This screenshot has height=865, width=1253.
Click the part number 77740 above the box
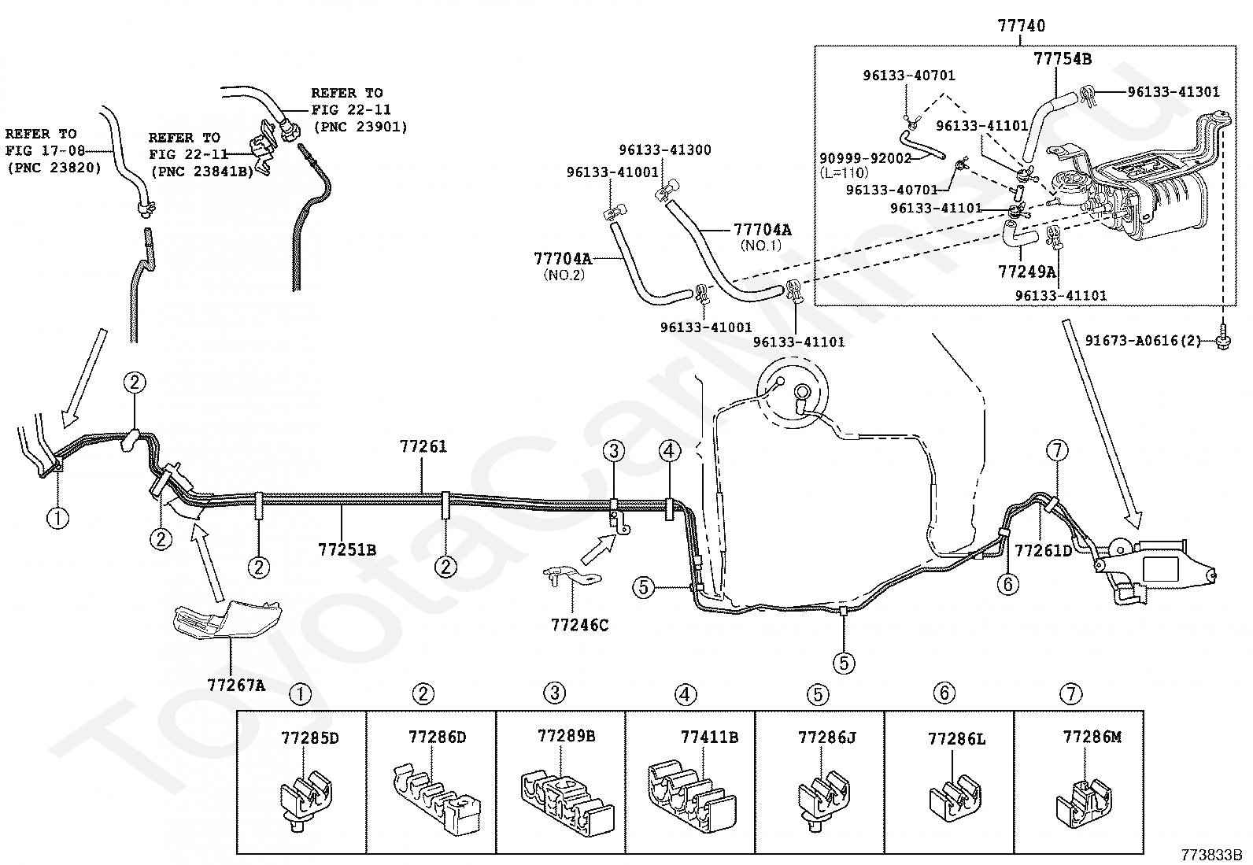click(1022, 26)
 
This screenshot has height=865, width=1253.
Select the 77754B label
click(1063, 59)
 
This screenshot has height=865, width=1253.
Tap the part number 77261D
click(1043, 551)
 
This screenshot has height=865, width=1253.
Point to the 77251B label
click(347, 550)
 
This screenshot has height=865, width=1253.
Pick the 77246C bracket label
click(579, 625)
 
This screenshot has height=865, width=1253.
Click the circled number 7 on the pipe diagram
click(1057, 450)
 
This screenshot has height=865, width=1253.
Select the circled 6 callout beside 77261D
click(1007, 585)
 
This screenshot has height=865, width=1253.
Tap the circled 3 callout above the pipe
click(614, 450)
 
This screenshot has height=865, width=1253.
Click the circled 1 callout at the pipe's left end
click(57, 518)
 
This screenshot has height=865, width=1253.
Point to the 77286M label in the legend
click(1092, 737)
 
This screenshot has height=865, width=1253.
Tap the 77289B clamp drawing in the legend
click(567, 804)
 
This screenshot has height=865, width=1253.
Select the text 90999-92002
click(865, 158)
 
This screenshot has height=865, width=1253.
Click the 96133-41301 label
click(1174, 92)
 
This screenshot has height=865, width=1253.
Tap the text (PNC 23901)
click(360, 127)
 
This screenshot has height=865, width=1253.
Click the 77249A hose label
click(1028, 272)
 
